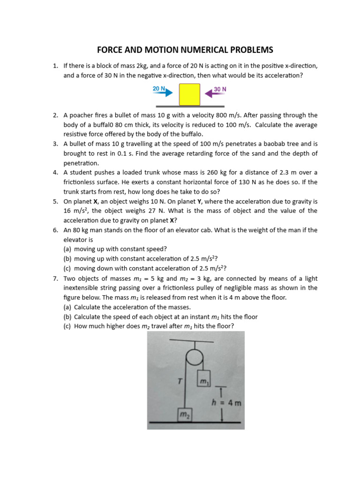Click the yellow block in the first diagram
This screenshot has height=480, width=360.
point(189,95)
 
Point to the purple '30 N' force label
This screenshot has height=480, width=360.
point(220,89)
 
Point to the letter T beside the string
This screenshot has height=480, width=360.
point(179,382)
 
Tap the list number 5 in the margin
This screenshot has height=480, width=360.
point(55,202)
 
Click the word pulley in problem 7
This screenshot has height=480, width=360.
point(211,288)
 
